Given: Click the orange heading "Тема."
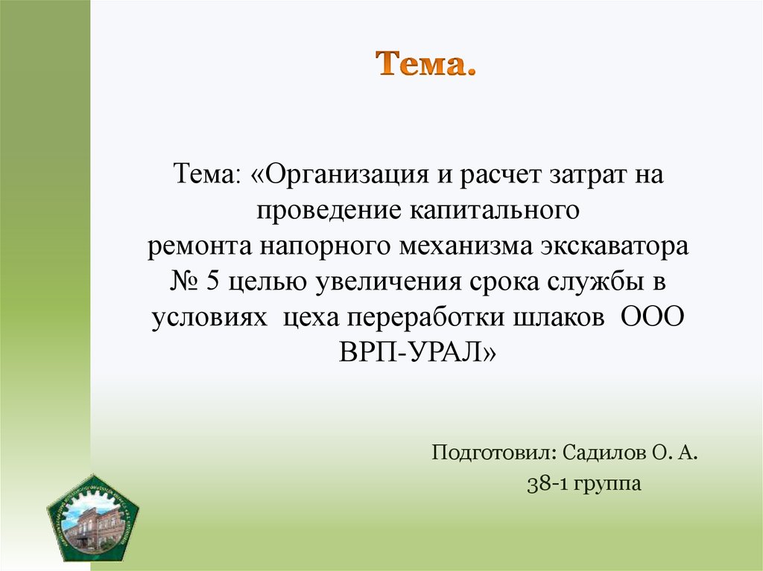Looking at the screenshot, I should (x=425, y=66).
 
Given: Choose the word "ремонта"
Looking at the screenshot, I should (x=191, y=247).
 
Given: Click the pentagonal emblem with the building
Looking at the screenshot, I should (x=92, y=516).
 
